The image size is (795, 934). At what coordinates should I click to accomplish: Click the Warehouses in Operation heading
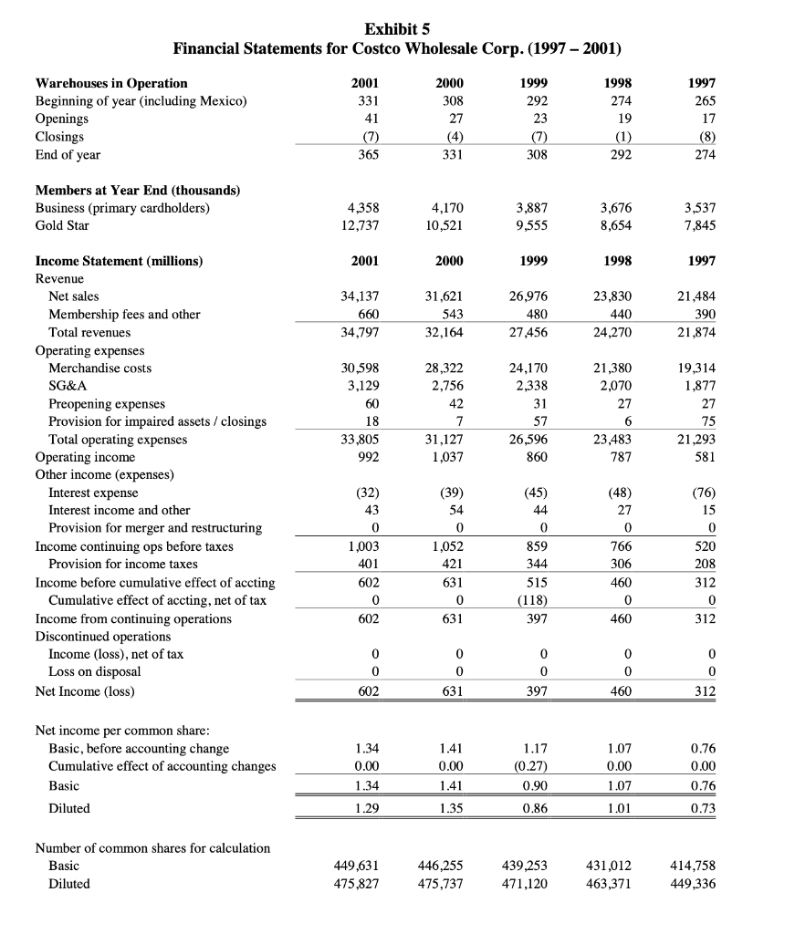[111, 83]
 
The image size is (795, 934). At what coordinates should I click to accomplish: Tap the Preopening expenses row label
[107, 403]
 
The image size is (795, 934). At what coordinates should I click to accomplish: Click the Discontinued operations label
[102, 636]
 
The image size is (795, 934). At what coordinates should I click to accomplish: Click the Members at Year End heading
[137, 190]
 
